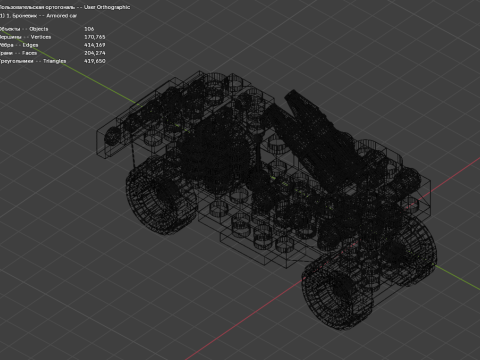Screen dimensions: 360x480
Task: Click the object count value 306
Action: point(90,29)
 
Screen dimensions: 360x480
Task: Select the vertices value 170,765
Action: point(95,37)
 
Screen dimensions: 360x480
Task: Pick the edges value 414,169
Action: point(95,45)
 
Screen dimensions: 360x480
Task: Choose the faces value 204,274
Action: point(95,53)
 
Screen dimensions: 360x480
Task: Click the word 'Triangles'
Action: point(50,61)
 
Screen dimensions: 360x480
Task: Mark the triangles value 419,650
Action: point(95,61)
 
